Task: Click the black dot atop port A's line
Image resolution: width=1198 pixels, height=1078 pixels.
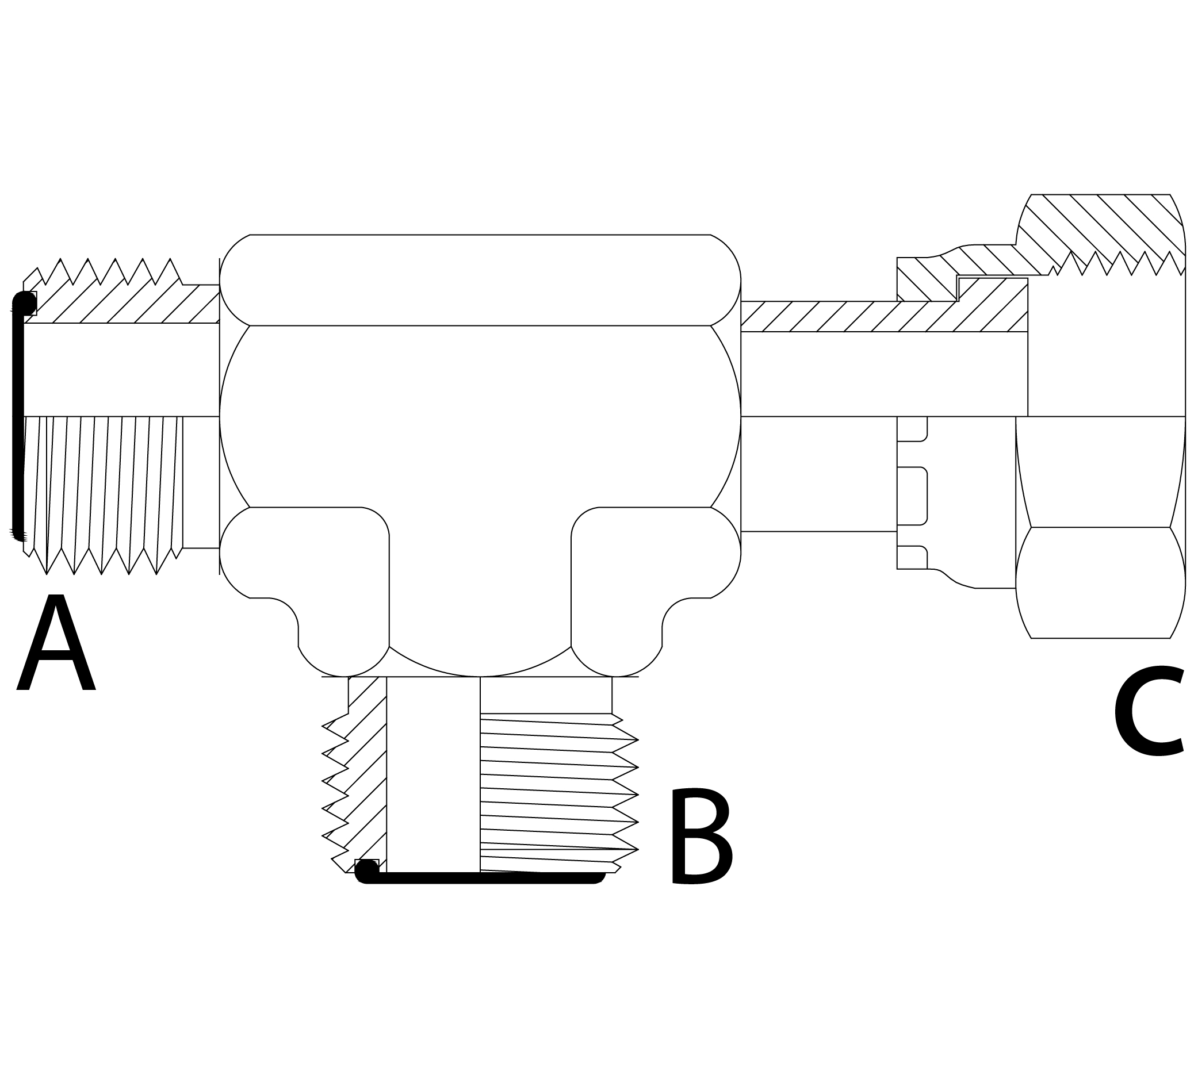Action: pos(24,302)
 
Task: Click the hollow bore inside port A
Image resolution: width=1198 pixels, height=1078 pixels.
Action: pos(118,370)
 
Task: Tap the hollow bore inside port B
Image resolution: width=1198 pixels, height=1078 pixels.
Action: pos(433,770)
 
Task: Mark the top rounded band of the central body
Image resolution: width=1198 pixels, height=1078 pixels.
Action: pos(480,280)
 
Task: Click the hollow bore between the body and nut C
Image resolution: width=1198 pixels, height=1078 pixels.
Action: pos(883,374)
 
